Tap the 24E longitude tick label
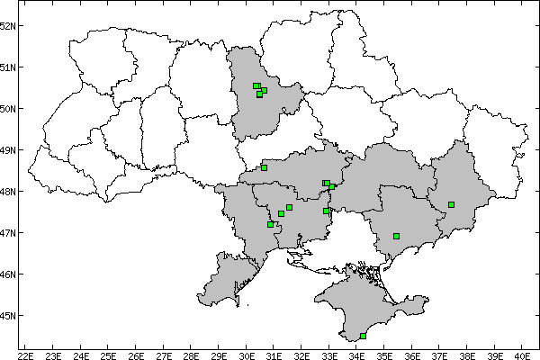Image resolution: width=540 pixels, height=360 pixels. tap(80, 354)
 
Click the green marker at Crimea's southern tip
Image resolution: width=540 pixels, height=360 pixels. tap(363, 336)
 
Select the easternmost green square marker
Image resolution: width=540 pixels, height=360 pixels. tap(451, 204)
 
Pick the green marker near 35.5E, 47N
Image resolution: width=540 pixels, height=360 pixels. tap(396, 236)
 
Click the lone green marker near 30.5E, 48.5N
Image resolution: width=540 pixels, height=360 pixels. tap(264, 167)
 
